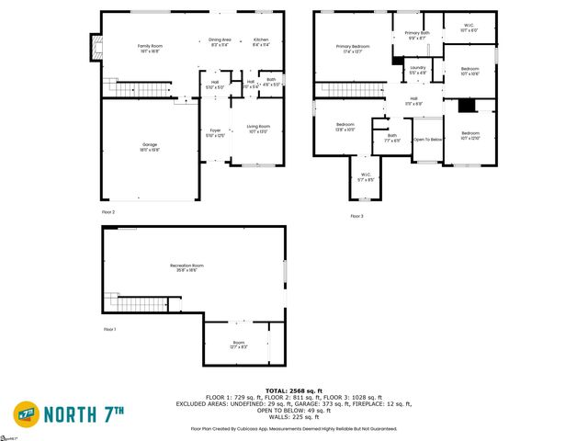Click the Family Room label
[x=150, y=46]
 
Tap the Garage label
[x=150, y=146]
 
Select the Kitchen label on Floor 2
[x=261, y=40]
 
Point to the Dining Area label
[x=220, y=40]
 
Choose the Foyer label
[x=214, y=132]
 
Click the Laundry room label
[x=417, y=68]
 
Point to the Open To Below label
[x=427, y=139]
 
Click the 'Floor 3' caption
[x=356, y=216]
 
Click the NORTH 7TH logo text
[x=82, y=414]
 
